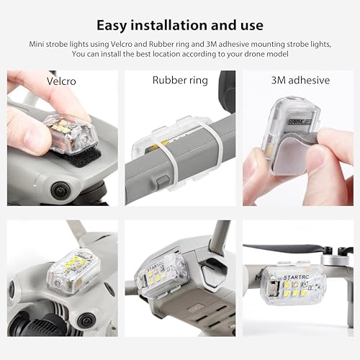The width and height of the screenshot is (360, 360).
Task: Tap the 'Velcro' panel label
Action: click(x=61, y=80)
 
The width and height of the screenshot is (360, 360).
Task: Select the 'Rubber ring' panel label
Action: click(x=180, y=80)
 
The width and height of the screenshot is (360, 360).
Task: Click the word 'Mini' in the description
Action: click(x=40, y=44)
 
